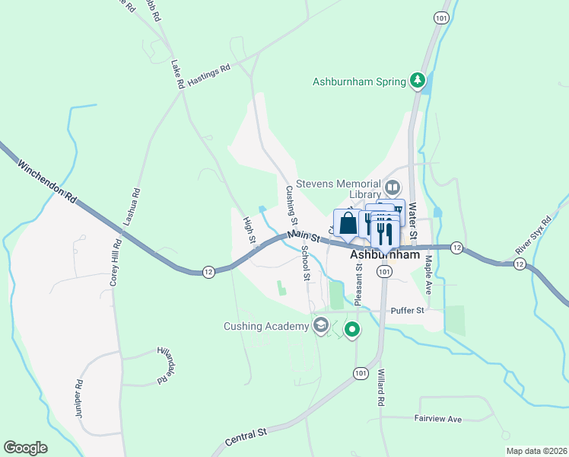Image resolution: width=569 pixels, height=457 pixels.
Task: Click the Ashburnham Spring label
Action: click(x=359, y=81)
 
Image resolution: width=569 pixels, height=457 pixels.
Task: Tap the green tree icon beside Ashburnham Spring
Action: click(x=417, y=80)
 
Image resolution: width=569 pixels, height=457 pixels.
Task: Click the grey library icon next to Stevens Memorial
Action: click(x=393, y=186)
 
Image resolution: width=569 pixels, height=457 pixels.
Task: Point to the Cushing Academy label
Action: click(x=266, y=327)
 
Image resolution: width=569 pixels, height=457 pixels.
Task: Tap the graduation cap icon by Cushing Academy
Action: click(x=321, y=327)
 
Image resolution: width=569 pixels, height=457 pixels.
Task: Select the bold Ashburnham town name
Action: click(x=386, y=256)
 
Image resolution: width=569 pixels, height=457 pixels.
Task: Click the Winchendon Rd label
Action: click(x=47, y=181)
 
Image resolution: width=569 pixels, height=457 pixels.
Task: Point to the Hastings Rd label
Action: click(x=208, y=76)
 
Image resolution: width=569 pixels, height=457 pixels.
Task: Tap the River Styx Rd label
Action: click(x=532, y=235)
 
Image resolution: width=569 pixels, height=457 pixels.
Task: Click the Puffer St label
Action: click(x=405, y=310)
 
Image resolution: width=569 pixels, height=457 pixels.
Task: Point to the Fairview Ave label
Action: click(x=438, y=419)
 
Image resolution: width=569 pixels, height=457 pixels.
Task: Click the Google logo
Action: click(x=25, y=448)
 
